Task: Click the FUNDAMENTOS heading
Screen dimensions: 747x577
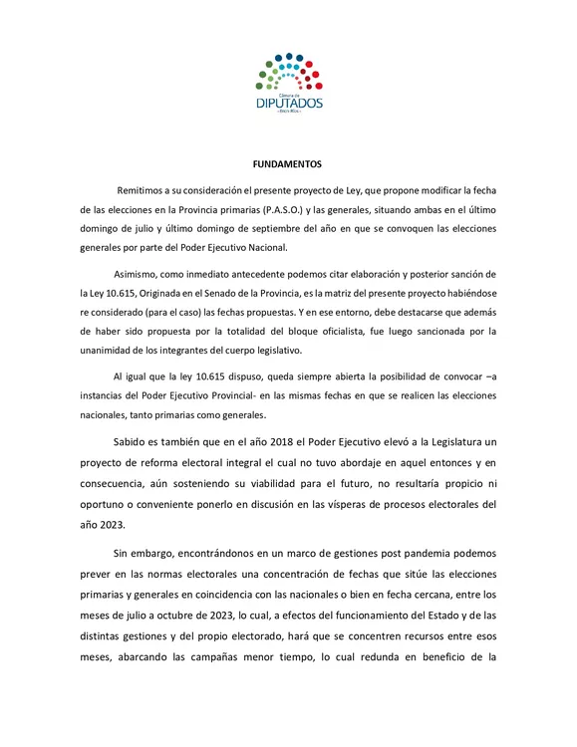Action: click(x=288, y=164)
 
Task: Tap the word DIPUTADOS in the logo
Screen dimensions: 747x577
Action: click(x=288, y=103)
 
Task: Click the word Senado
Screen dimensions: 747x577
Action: click(x=274, y=293)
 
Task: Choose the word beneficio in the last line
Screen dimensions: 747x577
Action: click(x=444, y=658)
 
